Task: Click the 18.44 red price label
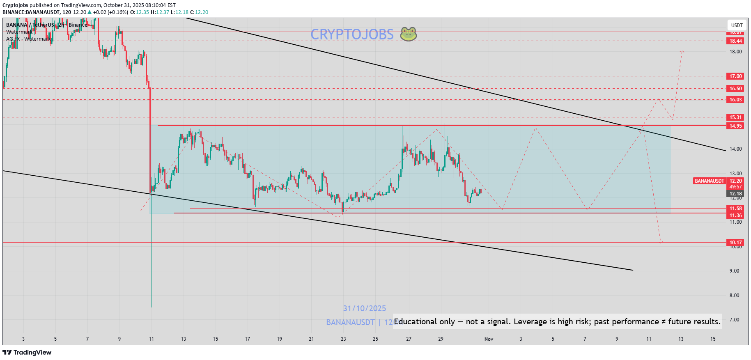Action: pyautogui.click(x=735, y=41)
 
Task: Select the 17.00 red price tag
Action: pyautogui.click(x=735, y=76)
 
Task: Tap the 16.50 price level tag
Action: pyautogui.click(x=735, y=89)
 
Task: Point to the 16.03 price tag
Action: pyautogui.click(x=735, y=100)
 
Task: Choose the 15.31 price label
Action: pyautogui.click(x=735, y=117)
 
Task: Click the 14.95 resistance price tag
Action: pyautogui.click(x=735, y=126)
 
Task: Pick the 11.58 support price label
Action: pyautogui.click(x=735, y=209)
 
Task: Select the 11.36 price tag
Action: pyautogui.click(x=735, y=216)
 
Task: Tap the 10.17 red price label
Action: pyautogui.click(x=735, y=243)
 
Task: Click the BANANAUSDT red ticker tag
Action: pyautogui.click(x=710, y=181)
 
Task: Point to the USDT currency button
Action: pyautogui.click(x=737, y=25)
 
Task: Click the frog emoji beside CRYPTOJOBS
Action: pyautogui.click(x=409, y=34)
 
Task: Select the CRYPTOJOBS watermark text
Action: pyautogui.click(x=352, y=34)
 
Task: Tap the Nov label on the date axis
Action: pyautogui.click(x=489, y=339)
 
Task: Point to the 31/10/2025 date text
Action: pyautogui.click(x=365, y=309)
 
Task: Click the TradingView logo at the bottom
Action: pyautogui.click(x=27, y=353)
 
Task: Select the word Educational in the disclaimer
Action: pyautogui.click(x=415, y=322)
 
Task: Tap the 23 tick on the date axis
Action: pyautogui.click(x=343, y=339)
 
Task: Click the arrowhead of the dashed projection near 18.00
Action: pyautogui.click(x=682, y=51)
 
